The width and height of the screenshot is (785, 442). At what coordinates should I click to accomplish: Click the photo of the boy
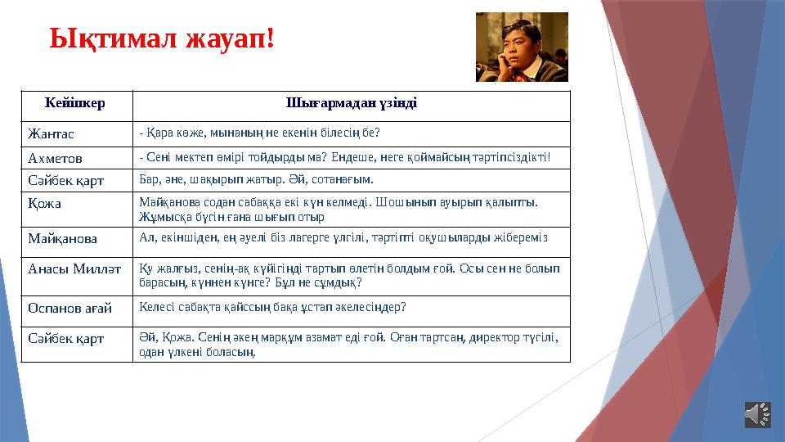(x=522, y=47)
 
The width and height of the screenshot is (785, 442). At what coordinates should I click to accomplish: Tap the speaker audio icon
(x=757, y=414)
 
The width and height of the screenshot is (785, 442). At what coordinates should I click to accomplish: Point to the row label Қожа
(x=45, y=203)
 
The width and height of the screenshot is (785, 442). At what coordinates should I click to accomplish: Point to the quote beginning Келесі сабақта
(x=273, y=307)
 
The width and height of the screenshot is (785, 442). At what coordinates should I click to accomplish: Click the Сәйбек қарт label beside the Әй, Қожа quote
(x=66, y=338)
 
